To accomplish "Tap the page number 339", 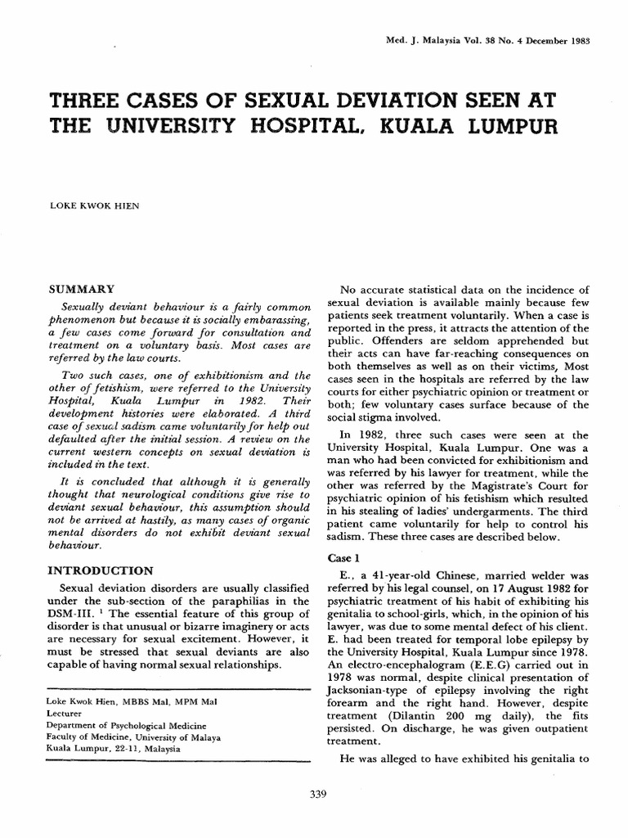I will (314, 792).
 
